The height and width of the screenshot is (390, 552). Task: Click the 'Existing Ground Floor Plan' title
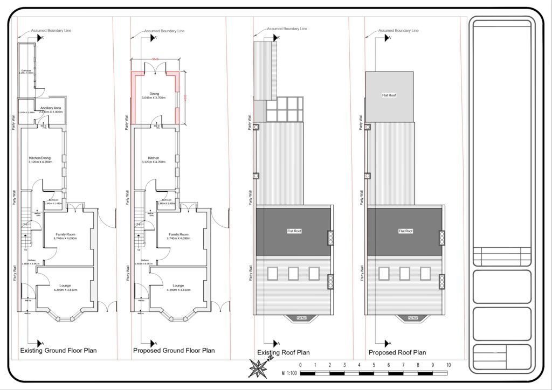[x=58, y=351]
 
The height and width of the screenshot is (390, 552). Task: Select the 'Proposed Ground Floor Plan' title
[x=174, y=351]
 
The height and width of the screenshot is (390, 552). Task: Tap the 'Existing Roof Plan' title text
[x=284, y=353]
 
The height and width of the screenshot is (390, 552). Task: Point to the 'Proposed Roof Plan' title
[x=397, y=353]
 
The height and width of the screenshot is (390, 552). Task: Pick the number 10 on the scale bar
[x=448, y=365]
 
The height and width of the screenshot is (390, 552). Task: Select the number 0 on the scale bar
[x=300, y=365]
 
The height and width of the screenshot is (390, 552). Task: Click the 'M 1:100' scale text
[x=290, y=373]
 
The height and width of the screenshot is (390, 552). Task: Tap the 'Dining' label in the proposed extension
[x=154, y=94]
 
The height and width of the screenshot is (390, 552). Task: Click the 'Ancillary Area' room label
[x=51, y=108]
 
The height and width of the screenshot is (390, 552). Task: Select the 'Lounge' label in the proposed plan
[x=178, y=285]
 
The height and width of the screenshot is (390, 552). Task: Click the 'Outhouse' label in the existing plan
[x=26, y=71]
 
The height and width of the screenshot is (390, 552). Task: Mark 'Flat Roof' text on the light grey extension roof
[x=389, y=95]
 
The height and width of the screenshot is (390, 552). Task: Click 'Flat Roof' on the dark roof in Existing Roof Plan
[x=293, y=231]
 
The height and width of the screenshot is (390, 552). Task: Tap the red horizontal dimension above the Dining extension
[x=155, y=59]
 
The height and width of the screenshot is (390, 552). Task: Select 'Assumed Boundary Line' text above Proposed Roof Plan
[x=398, y=31]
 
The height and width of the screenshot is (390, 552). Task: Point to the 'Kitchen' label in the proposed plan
[x=154, y=158]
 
